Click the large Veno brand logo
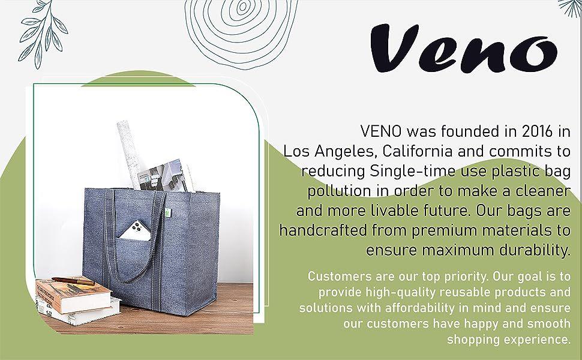click(x=464, y=48)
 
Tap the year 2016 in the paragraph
click(x=537, y=131)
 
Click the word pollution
click(x=339, y=191)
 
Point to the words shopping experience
click(x=509, y=340)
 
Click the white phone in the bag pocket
click(x=136, y=232)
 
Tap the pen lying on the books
click(x=73, y=281)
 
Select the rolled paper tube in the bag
click(x=129, y=153)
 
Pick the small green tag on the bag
click(x=167, y=213)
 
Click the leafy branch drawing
click(x=42, y=34)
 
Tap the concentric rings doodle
click(x=242, y=29)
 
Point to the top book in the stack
click(x=73, y=295)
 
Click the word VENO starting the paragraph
click(x=381, y=131)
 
